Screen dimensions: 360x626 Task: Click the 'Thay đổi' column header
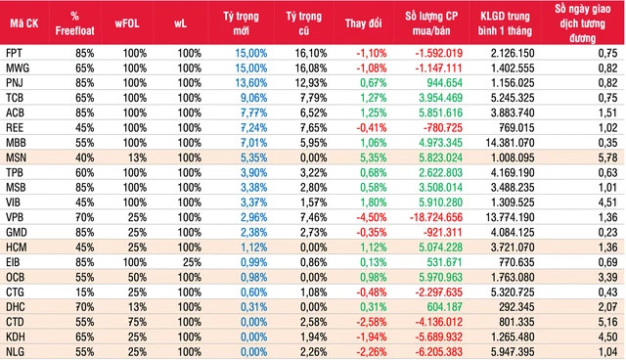[366, 22]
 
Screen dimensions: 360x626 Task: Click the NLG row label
[16, 349]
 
